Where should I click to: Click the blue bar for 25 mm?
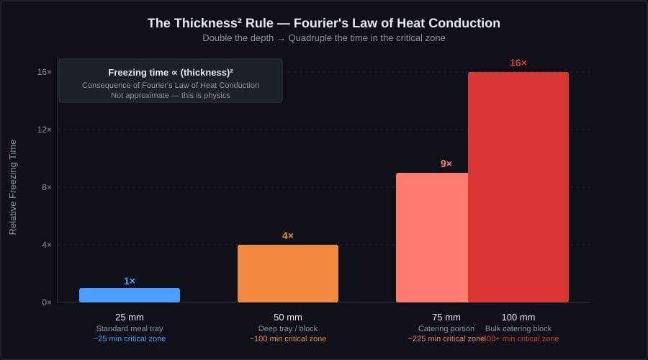point(130,295)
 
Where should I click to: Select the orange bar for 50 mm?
point(288,274)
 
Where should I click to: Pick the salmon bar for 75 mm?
point(432,238)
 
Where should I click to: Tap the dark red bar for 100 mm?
point(518,187)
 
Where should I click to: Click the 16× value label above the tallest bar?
point(518,63)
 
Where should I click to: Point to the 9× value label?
point(446,164)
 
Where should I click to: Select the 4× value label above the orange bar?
point(288,236)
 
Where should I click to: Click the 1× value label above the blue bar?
point(130,281)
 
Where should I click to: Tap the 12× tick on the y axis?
point(45,130)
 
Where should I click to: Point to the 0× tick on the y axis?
point(46,302)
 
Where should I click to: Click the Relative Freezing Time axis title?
point(12,187)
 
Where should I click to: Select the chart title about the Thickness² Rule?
point(324,23)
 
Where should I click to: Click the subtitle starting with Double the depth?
point(324,38)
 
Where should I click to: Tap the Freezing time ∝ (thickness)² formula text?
point(171,73)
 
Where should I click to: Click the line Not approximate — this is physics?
point(171,95)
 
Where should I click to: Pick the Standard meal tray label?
point(130,328)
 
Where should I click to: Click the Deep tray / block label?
point(288,328)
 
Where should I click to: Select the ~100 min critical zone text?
point(288,338)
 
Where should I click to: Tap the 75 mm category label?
point(446,318)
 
